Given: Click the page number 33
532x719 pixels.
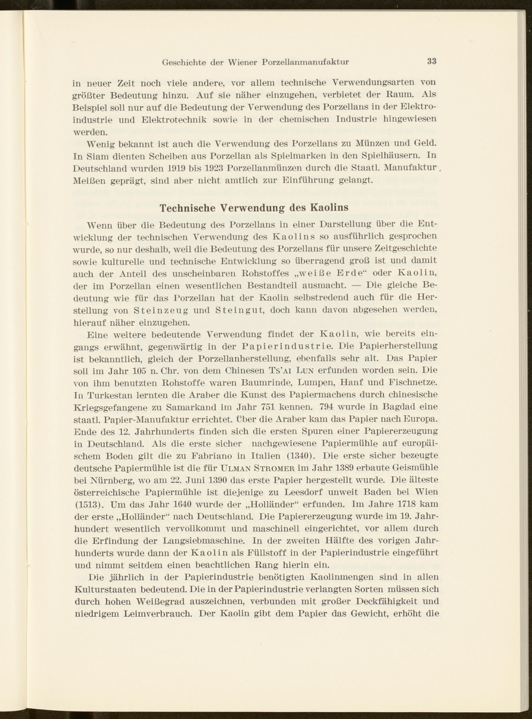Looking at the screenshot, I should (431, 61).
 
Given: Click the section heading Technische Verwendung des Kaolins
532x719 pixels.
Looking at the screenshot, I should (254, 208).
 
